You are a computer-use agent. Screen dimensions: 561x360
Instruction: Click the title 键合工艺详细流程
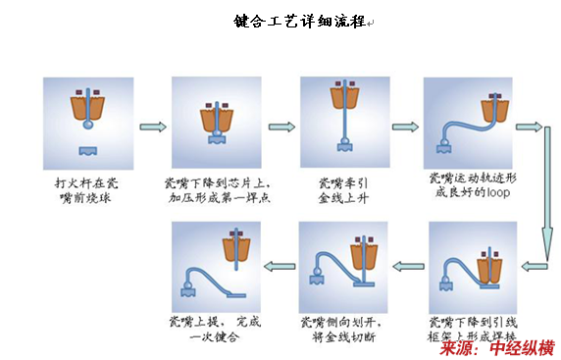coord(300,22)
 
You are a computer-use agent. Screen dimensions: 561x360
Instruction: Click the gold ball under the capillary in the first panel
coord(88,125)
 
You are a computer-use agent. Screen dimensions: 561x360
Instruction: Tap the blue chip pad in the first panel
coord(88,151)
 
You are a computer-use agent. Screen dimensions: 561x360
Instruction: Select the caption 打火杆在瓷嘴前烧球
coord(86,190)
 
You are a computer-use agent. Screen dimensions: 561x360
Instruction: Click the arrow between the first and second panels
coord(153,127)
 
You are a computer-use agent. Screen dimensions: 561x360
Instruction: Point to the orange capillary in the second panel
coord(217,120)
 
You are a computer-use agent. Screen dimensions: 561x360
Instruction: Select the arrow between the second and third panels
coord(281,127)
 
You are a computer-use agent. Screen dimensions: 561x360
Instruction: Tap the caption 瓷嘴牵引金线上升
coord(343,190)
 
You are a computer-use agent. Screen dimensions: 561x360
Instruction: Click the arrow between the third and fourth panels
coord(405,127)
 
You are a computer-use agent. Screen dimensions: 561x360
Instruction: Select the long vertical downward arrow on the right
coord(547,193)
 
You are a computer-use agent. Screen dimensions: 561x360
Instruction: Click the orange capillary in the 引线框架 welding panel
coord(489,270)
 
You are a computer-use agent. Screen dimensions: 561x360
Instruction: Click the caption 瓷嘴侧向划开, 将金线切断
coord(341,330)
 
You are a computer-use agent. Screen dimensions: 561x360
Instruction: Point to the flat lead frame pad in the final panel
coord(236,295)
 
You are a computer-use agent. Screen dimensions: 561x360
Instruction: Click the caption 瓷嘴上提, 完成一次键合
coord(215,330)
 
